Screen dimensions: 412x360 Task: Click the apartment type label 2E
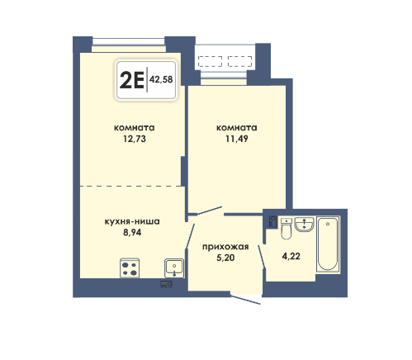(132, 80)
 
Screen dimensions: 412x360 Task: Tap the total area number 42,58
(161, 79)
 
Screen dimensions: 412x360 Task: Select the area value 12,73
(135, 139)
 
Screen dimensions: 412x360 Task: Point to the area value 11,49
(237, 139)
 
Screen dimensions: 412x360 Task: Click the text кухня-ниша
(132, 221)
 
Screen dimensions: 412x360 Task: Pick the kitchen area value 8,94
(132, 233)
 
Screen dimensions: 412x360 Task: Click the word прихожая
(225, 247)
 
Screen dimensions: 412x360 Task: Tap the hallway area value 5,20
(225, 258)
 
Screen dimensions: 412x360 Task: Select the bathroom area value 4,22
(291, 256)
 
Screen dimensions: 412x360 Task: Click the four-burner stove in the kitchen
(130, 268)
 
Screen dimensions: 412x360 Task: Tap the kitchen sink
(174, 268)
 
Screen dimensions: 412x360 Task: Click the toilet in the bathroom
(287, 229)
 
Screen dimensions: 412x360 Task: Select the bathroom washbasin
(304, 225)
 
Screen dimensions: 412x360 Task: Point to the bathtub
(328, 244)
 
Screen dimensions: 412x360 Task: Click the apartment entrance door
(245, 300)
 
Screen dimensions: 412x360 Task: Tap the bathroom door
(262, 257)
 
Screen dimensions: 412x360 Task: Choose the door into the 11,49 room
(210, 211)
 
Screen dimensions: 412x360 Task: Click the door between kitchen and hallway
(190, 236)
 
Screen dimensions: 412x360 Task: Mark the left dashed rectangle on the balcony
(210, 61)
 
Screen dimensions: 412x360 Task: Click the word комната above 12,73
(135, 128)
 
